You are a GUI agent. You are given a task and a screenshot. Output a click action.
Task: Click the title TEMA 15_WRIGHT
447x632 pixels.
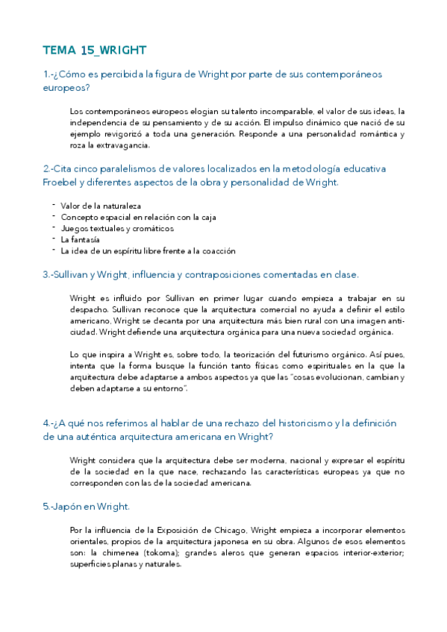94,50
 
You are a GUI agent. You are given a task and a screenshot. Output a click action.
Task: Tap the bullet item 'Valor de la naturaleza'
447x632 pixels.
101,206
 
